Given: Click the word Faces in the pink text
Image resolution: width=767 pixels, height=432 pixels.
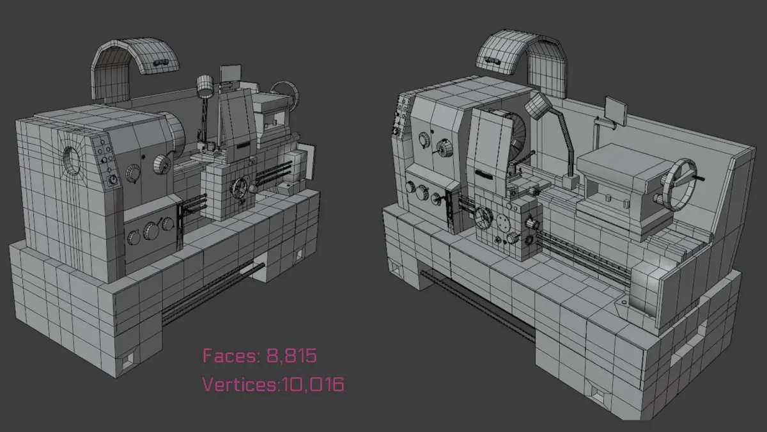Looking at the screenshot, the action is point(231,356).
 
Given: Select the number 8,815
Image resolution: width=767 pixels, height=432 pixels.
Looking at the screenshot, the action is point(291,356).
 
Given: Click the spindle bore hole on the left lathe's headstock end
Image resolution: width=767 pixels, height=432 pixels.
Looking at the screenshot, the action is point(72,161).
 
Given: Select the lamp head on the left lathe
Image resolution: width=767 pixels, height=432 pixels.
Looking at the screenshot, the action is point(205,86).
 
